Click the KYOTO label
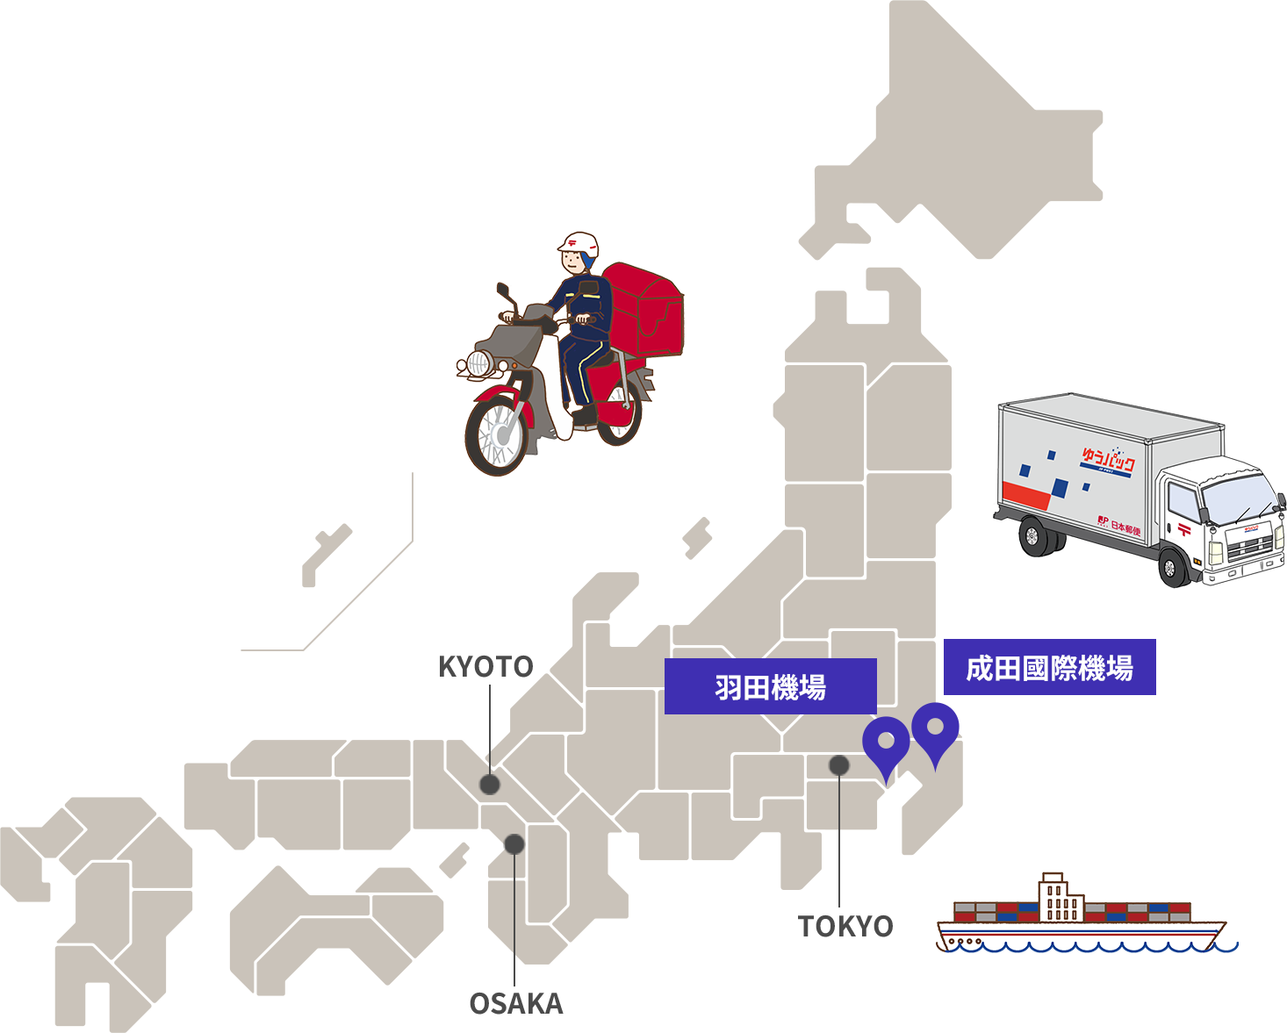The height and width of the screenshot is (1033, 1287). (485, 666)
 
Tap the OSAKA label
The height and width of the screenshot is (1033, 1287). (516, 1003)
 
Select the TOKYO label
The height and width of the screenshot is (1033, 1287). (845, 926)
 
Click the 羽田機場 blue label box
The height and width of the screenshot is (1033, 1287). (770, 686)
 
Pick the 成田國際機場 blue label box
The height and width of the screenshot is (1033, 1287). (1049, 668)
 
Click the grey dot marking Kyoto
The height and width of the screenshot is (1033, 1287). (490, 784)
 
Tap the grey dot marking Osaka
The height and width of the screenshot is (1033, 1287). (514, 844)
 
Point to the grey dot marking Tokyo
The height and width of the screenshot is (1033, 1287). (839, 765)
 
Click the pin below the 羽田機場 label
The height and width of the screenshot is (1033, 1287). (887, 742)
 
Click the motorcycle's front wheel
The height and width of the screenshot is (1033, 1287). (496, 435)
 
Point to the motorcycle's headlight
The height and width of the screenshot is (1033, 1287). (479, 362)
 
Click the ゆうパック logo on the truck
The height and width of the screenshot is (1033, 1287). (1107, 461)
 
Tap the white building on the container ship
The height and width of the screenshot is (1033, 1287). (1061, 897)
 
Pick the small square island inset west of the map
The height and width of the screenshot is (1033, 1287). (327, 556)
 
